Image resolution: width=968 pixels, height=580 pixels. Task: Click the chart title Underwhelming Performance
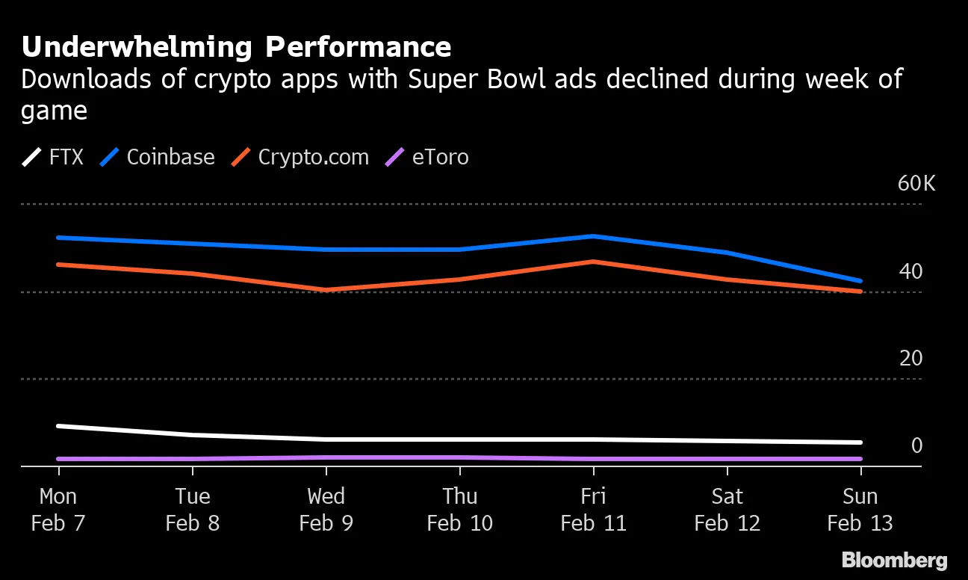[236, 47]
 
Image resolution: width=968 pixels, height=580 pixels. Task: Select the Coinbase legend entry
[158, 157]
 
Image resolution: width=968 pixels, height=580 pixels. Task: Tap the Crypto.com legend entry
[301, 157]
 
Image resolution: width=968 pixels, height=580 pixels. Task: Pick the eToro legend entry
[427, 157]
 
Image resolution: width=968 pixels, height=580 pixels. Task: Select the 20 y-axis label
[910, 359]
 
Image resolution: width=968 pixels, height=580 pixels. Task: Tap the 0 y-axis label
[916, 445]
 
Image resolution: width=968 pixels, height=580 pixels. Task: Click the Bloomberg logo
[894, 561]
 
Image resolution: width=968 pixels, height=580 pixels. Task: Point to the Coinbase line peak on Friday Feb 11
[593, 236]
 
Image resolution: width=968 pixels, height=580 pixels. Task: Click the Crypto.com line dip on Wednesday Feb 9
[326, 290]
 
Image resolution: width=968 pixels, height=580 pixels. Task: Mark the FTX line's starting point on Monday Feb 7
[59, 426]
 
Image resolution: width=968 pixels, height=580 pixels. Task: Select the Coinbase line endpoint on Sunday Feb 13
[860, 281]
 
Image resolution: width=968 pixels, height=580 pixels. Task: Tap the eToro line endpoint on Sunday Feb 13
[860, 459]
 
